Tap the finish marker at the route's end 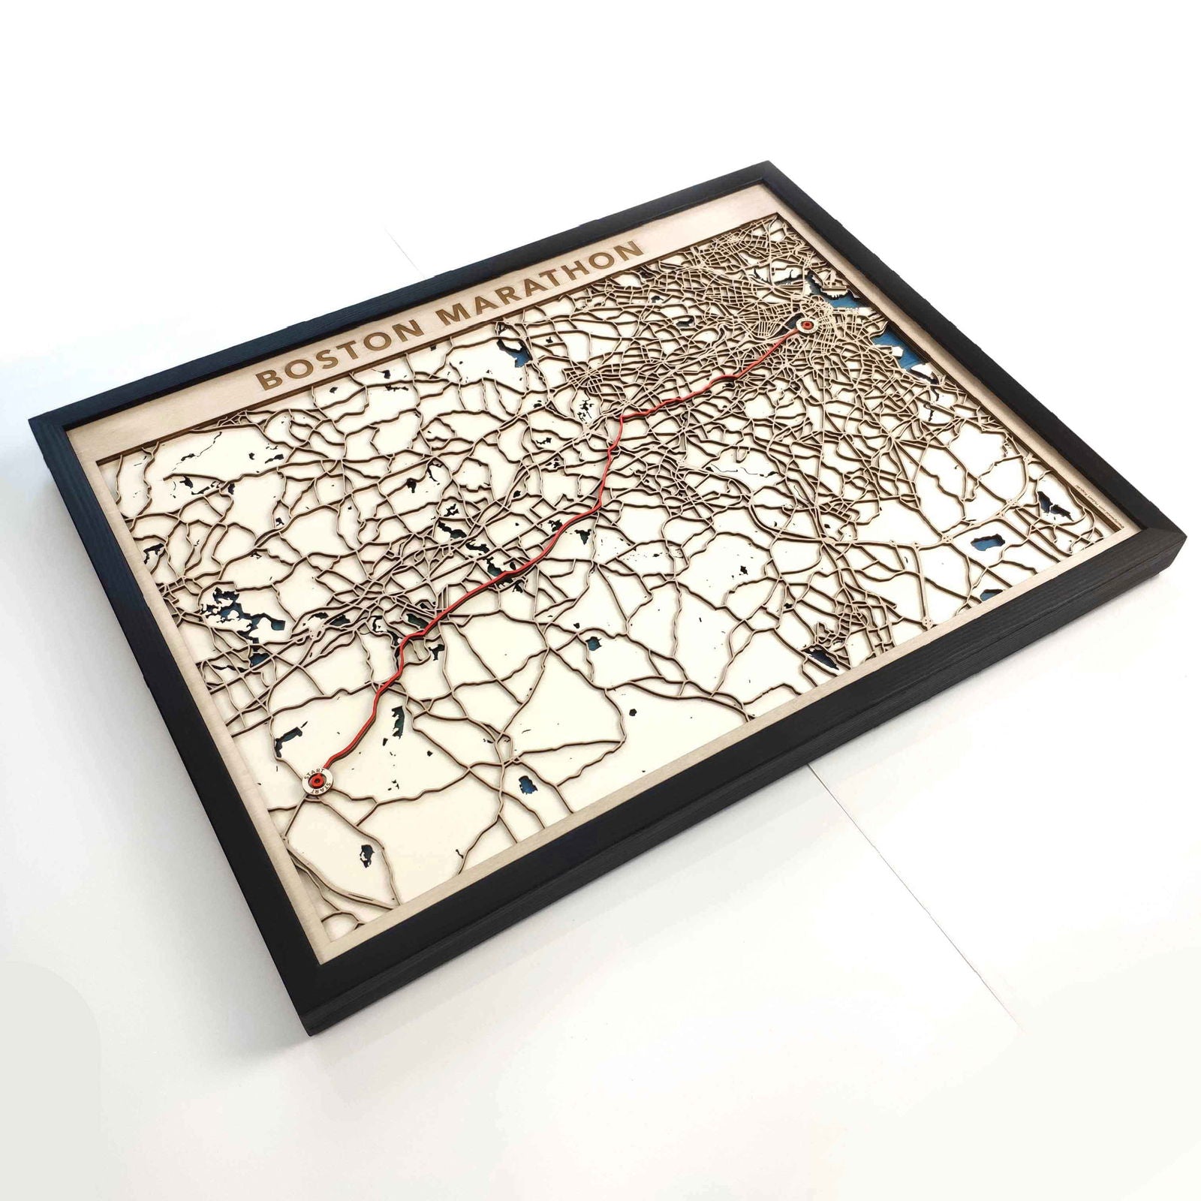[x=807, y=325]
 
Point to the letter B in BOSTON [x=266, y=378]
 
